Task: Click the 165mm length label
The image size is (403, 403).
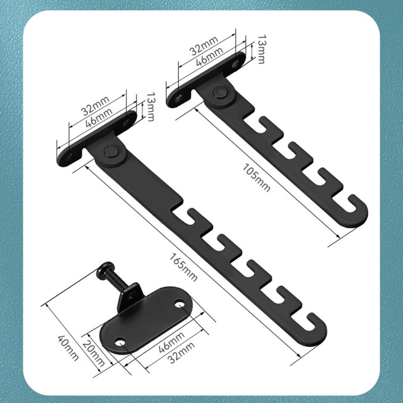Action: pos(184,267)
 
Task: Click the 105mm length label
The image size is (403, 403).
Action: pos(256,177)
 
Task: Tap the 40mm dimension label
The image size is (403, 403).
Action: pos(68,348)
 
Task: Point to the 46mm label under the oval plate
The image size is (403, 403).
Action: pos(171,342)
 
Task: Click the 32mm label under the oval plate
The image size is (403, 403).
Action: pos(181,353)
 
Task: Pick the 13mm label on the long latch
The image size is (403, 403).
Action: pos(150,107)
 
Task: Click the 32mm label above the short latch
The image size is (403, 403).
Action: pos(204,46)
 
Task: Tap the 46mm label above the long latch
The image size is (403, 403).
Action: pos(99,118)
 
